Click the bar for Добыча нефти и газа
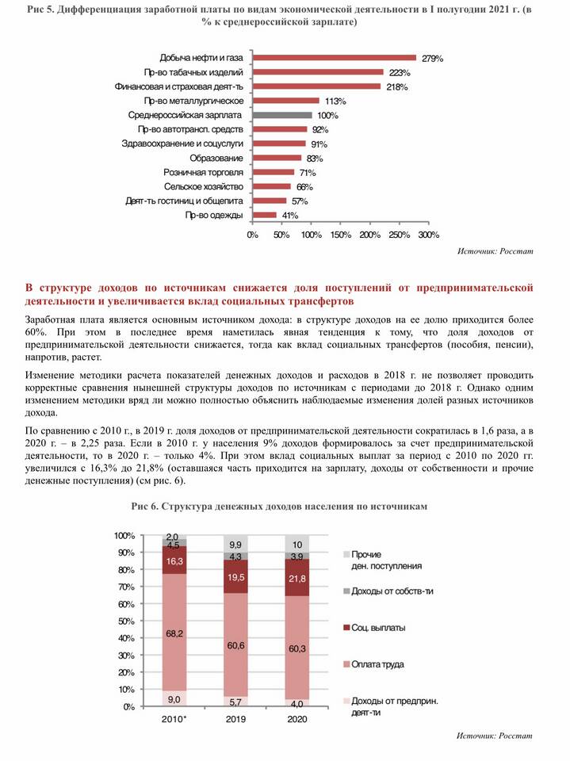pyautogui.click(x=335, y=58)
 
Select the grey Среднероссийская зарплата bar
pyautogui.click(x=282, y=115)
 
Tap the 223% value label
pyautogui.click(x=399, y=72)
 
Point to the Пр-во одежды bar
pyautogui.click(x=265, y=215)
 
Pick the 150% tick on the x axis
pyautogui.click(x=340, y=235)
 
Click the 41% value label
pyautogui.click(x=290, y=215)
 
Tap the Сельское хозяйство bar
pyautogui.click(x=272, y=186)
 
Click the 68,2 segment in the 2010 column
pyautogui.click(x=175, y=633)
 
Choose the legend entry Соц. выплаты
pyautogui.click(x=378, y=627)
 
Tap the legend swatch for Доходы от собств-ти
pyautogui.click(x=346, y=591)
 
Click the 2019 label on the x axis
pyautogui.click(x=235, y=719)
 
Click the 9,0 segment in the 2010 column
pyautogui.click(x=175, y=698)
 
